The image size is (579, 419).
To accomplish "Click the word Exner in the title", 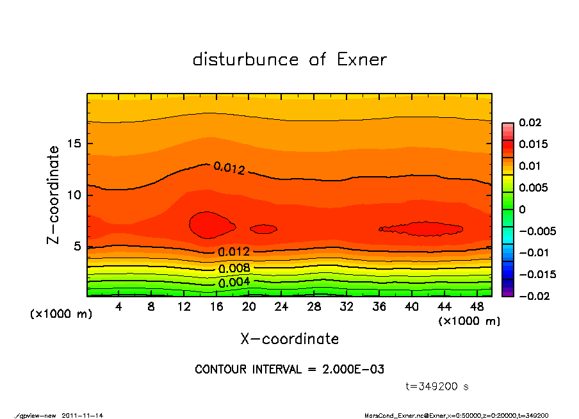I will tap(361, 60).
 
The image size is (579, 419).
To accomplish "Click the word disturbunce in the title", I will tap(246, 60).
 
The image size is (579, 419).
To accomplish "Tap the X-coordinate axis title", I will tap(289, 338).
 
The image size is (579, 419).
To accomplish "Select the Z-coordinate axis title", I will tap(54, 194).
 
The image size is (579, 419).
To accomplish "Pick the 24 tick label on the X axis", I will tap(281, 306).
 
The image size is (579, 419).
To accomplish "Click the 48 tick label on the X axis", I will tap(477, 306).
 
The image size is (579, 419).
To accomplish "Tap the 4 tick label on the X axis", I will tap(119, 306).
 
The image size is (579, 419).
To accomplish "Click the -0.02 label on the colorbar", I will tap(532, 296).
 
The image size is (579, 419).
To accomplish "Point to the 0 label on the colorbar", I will tap(522, 209).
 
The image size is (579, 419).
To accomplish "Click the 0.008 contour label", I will tap(234, 268).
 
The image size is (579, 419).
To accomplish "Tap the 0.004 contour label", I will tap(234, 282).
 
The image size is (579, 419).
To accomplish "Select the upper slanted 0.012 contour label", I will tap(229, 168).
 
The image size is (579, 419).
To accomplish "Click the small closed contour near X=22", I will tap(263, 229).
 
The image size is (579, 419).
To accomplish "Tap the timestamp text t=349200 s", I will tap(437, 386).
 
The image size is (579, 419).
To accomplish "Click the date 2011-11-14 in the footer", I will tap(83, 415).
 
